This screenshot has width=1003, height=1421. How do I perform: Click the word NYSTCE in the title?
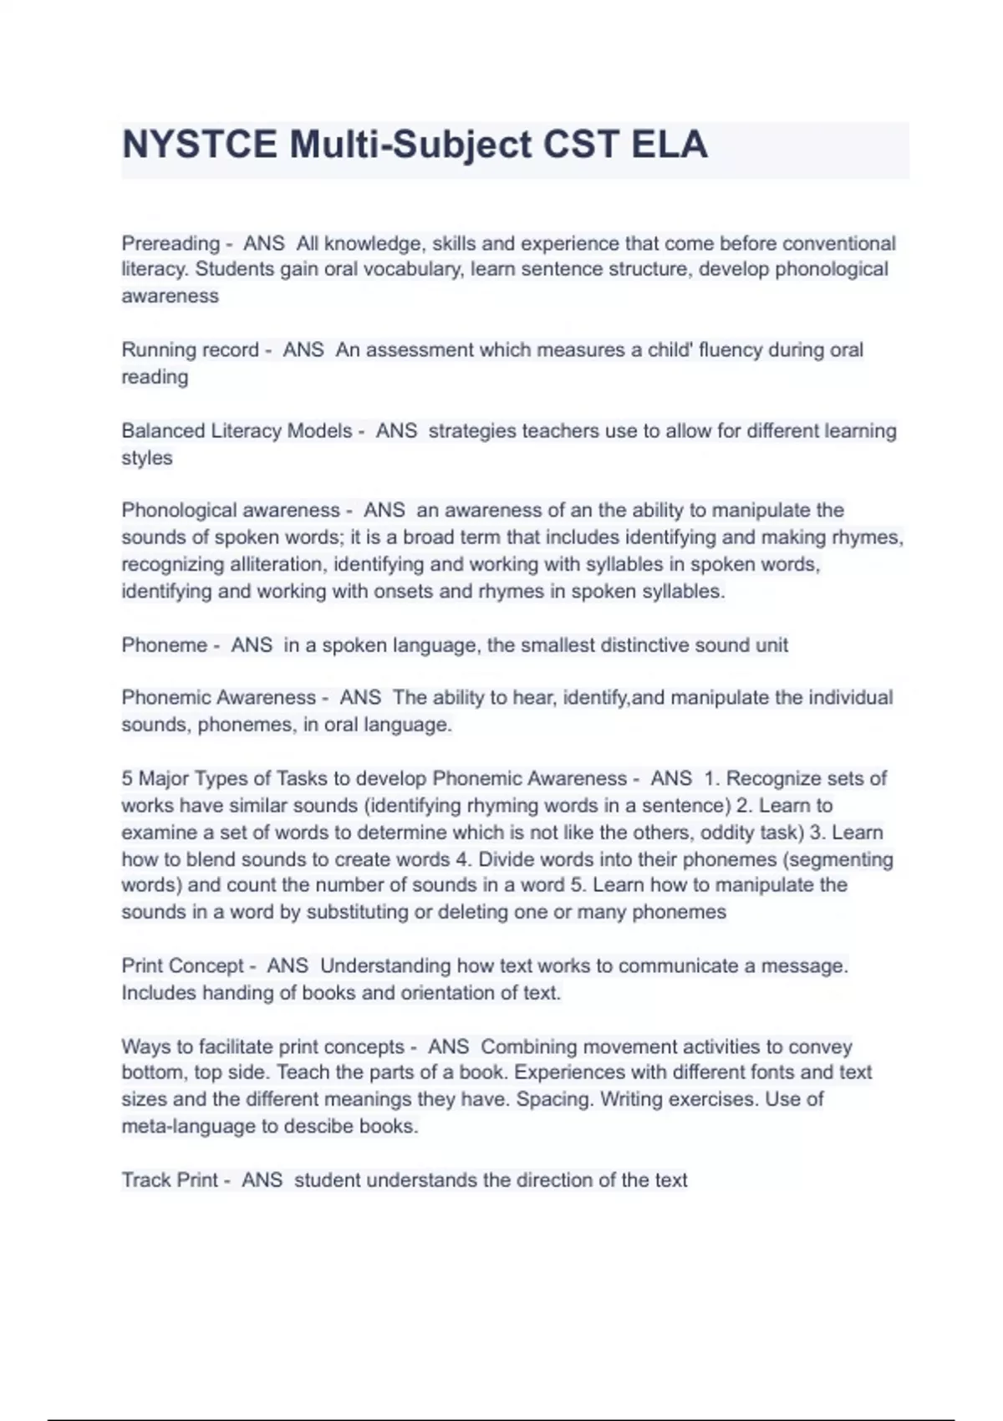click(200, 145)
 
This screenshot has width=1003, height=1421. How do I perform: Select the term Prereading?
click(171, 243)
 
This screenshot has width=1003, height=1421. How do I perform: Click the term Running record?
click(190, 349)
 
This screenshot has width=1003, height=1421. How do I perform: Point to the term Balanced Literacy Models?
click(237, 430)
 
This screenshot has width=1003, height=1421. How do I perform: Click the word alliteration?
click(267, 564)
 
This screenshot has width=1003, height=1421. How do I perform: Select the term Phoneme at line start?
click(164, 645)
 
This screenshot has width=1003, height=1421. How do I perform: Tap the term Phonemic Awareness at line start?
click(218, 697)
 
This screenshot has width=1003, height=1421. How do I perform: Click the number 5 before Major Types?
click(127, 778)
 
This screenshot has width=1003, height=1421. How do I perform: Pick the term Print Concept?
click(182, 965)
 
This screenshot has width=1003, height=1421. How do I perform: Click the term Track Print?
click(170, 1180)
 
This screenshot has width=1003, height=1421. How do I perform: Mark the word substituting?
click(357, 912)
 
